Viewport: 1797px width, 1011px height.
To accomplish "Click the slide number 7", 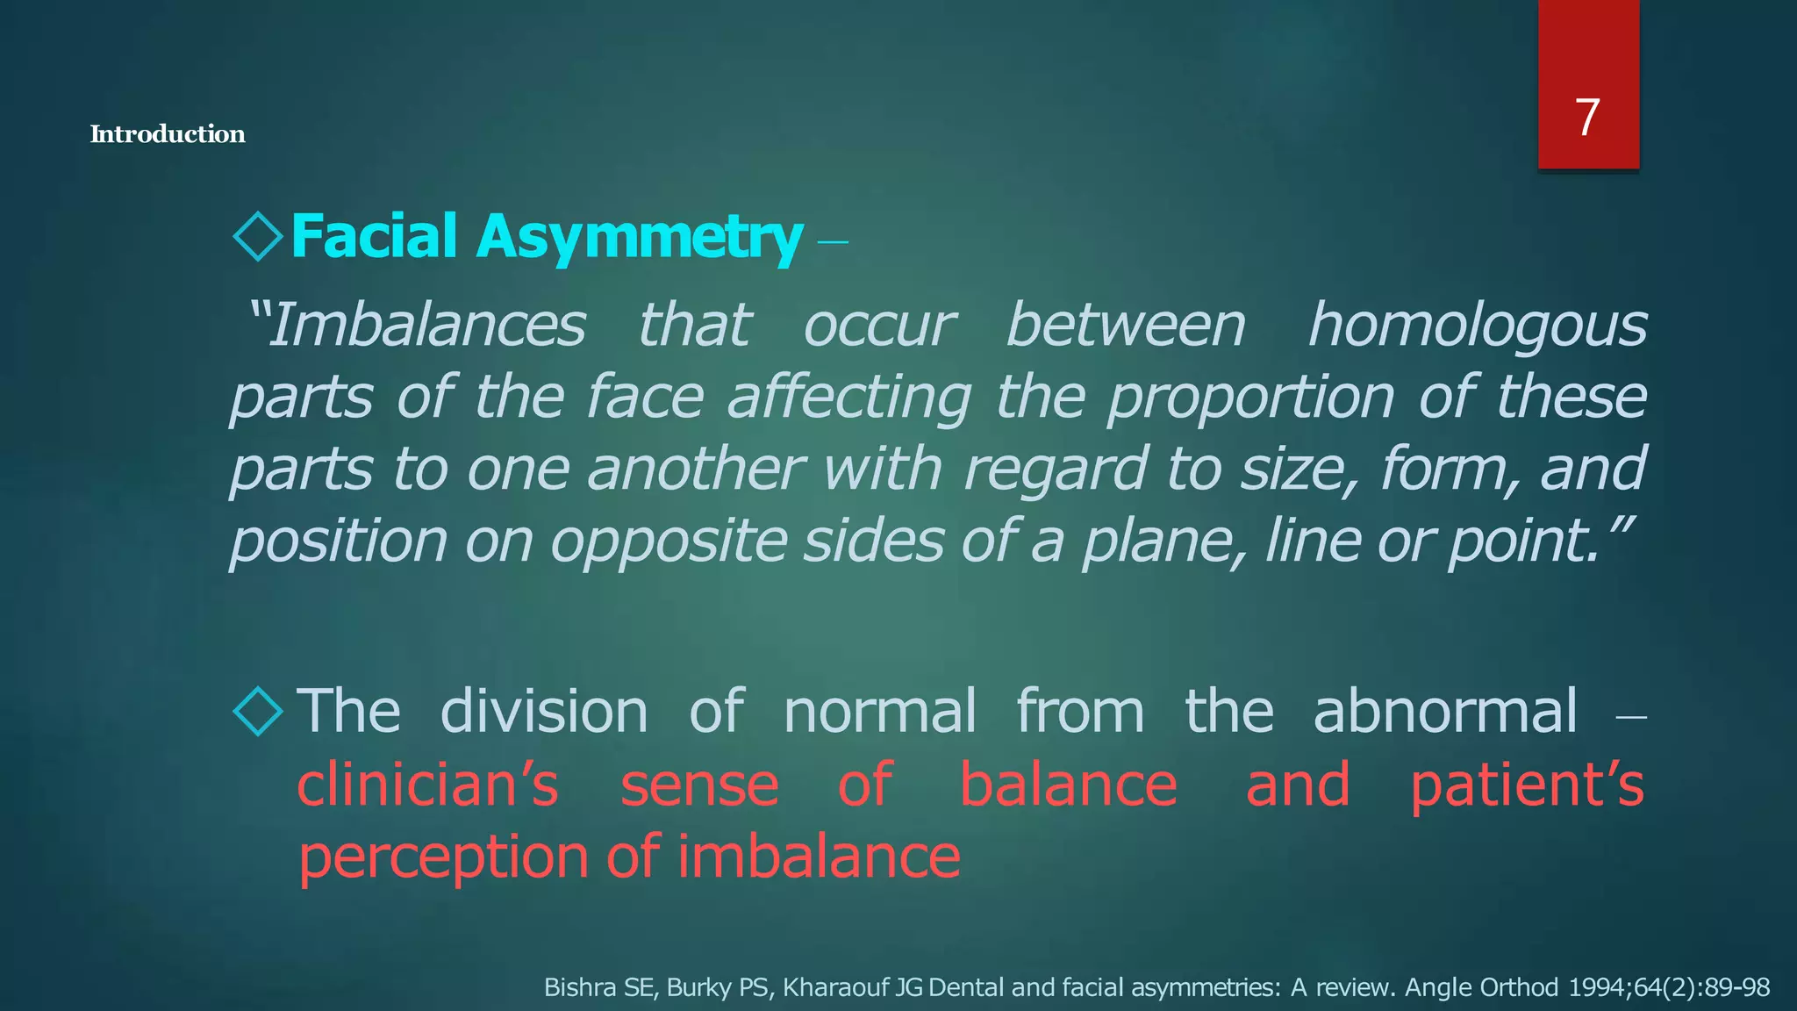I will (1587, 118).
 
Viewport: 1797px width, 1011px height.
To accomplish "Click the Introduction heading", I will (168, 134).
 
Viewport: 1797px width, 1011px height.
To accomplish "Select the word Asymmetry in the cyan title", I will (639, 237).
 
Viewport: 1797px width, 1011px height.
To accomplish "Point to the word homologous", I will (1477, 326).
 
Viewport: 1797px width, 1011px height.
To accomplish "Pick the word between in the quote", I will (1126, 326).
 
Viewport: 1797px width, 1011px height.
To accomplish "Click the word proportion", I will (1249, 398).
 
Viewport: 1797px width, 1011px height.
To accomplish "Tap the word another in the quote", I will (695, 469).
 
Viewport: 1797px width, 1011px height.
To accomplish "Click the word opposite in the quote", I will (668, 541).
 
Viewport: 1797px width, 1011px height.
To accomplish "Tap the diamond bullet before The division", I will (258, 710).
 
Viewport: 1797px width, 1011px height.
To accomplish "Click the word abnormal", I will (1444, 711).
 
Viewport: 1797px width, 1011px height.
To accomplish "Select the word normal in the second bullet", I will (879, 711).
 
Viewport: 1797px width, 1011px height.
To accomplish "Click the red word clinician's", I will (427, 785).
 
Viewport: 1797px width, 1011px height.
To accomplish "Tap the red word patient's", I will (1527, 785).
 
